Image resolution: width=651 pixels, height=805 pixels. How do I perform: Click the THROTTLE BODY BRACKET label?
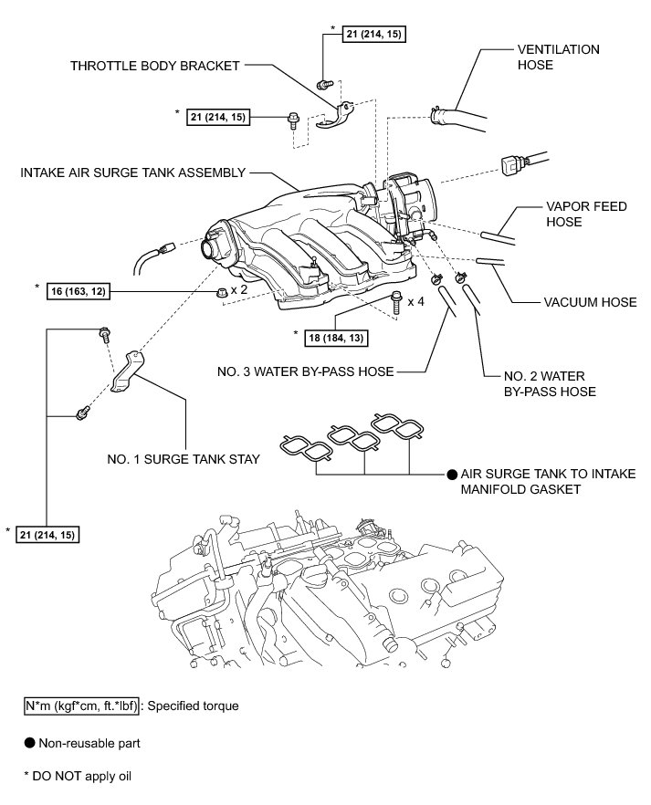pyautogui.click(x=154, y=66)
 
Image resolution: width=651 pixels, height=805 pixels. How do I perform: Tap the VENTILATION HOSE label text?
pyautogui.click(x=559, y=57)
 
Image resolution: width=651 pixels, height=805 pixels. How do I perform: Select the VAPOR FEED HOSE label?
pyautogui.click(x=585, y=214)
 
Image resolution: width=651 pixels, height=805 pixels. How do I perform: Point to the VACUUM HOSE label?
pyautogui.click(x=589, y=302)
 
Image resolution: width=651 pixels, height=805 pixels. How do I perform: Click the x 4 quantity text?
pyautogui.click(x=415, y=301)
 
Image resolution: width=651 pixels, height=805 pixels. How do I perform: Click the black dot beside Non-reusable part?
pyautogui.click(x=30, y=743)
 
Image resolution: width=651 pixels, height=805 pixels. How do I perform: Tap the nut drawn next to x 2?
pyautogui.click(x=219, y=292)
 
